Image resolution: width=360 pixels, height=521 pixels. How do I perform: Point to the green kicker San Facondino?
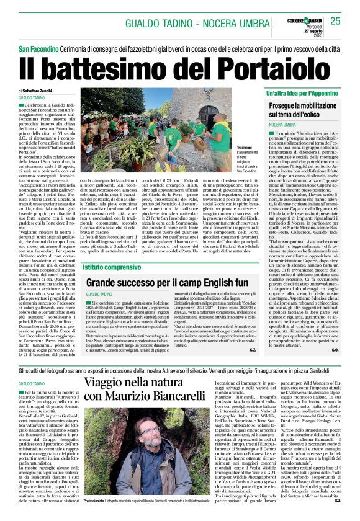point(38,48)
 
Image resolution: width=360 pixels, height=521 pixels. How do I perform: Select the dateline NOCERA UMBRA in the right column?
point(265,125)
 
